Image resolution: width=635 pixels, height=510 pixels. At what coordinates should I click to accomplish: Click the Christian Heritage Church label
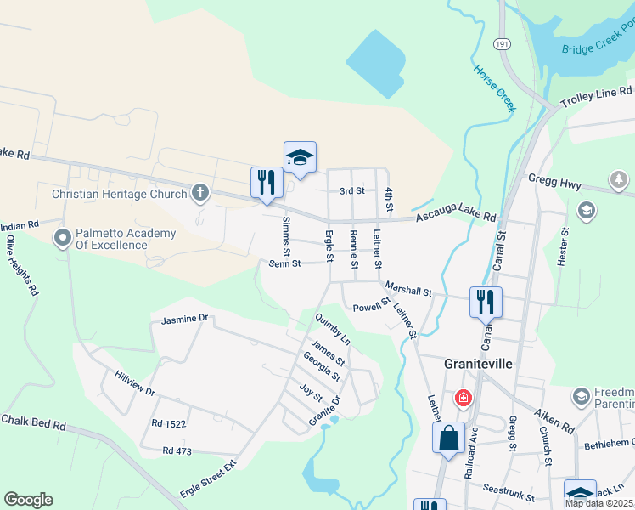point(119,194)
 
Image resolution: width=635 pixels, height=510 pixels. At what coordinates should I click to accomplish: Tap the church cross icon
point(200,193)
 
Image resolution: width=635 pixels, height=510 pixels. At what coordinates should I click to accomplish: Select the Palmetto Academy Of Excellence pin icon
point(63,239)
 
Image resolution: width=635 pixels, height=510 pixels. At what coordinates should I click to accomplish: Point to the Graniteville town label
point(478,363)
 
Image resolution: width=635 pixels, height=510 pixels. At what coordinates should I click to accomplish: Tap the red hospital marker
point(463,397)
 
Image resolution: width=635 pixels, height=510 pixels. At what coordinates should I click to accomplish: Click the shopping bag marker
point(448,439)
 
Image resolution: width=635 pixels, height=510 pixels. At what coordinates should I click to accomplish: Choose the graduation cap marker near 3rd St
point(300,157)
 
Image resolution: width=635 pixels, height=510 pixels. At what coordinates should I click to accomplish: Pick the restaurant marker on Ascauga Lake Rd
point(267,182)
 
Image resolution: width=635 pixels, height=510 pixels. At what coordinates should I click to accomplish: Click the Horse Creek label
point(494,88)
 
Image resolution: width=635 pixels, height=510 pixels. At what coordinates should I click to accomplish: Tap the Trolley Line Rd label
point(597,97)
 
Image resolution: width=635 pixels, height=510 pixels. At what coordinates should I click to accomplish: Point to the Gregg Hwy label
point(554,181)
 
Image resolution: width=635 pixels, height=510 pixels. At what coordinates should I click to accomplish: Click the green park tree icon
point(618,179)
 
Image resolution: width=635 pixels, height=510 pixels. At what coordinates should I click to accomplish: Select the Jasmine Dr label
point(184,319)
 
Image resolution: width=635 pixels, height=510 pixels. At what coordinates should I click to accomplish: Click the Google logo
point(28,500)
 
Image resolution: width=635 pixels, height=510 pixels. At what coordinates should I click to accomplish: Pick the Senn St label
point(285,264)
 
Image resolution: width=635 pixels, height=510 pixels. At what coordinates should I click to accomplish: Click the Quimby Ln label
point(333,328)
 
